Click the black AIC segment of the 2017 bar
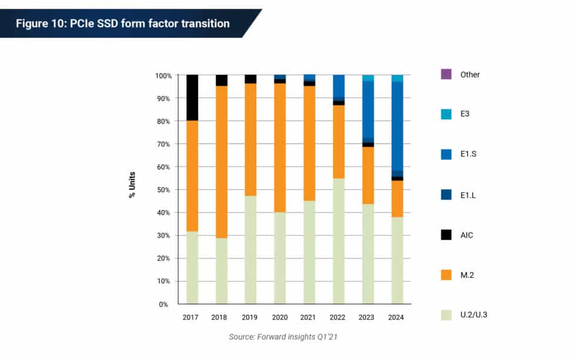[x=192, y=97]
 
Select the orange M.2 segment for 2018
[x=221, y=162]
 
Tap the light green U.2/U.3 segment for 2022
[x=339, y=241]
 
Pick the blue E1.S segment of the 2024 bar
[x=397, y=126]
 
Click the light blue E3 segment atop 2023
[x=368, y=78]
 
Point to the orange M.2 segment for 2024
[x=397, y=198]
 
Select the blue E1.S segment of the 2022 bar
[x=339, y=86]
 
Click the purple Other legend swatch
[x=446, y=75]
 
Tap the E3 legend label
[x=465, y=115]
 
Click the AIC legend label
[x=467, y=235]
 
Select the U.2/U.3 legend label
[x=474, y=315]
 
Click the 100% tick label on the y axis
[x=163, y=76]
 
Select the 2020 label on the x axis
[x=280, y=317]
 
